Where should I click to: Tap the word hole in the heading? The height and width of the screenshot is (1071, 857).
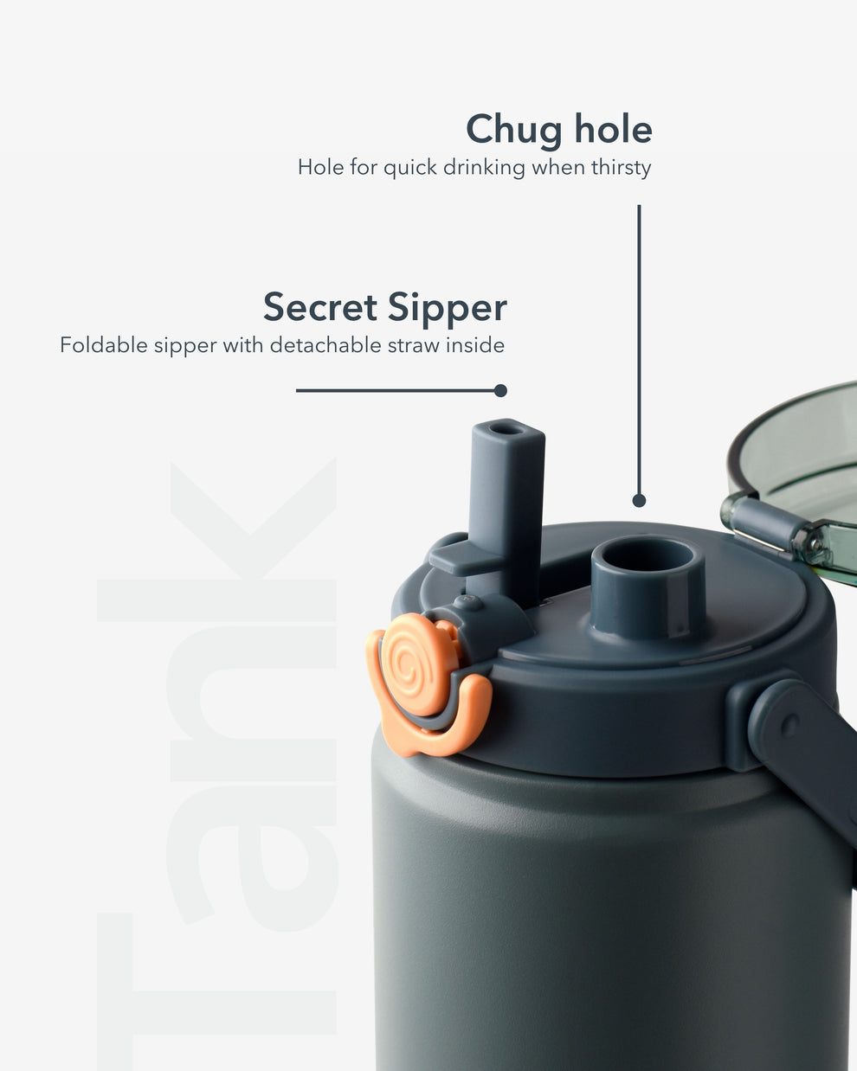(x=609, y=130)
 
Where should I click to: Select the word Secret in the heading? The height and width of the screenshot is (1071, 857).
(x=320, y=308)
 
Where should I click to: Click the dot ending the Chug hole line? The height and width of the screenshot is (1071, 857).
(x=639, y=500)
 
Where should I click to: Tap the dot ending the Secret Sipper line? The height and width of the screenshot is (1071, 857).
(x=500, y=390)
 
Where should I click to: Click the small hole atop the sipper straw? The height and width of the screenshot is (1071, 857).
(x=507, y=427)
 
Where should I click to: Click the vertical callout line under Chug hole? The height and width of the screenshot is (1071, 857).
(x=639, y=346)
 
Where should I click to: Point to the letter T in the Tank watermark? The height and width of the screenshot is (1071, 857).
(x=216, y=978)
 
